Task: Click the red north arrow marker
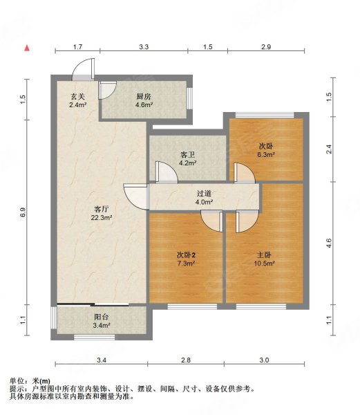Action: pos(27,48)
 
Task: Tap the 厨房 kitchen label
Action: pos(144,96)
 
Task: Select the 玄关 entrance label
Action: pos(77,96)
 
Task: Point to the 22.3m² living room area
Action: pos(102,218)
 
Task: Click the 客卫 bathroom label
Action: pos(187,154)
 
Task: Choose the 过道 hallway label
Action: pos(204,194)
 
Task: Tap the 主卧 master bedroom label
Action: pos(264,255)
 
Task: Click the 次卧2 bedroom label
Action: pos(186,255)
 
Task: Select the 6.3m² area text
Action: pos(266,154)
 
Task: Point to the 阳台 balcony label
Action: pos(102,317)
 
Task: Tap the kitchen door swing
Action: pos(107,91)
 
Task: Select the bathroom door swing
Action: pos(167,172)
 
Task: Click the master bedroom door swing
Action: pos(247,222)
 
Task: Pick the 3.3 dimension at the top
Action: pos(144,47)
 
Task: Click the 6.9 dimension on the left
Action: pos(23,212)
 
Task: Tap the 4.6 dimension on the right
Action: pos(328,243)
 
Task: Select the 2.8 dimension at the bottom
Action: pos(186,360)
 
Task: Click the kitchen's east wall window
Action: pos(189,98)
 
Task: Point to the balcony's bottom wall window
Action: pos(95,338)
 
